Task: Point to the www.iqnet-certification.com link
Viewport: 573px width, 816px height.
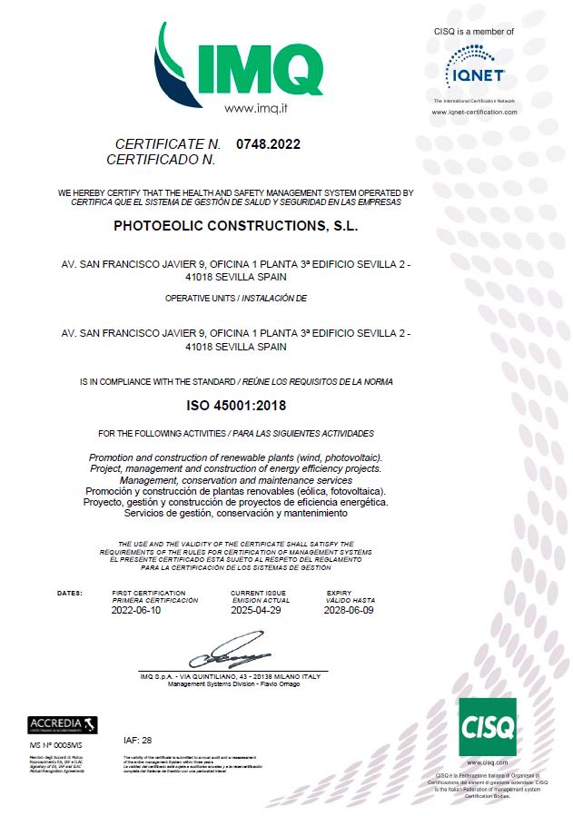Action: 475,113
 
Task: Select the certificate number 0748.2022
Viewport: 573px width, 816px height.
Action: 268,143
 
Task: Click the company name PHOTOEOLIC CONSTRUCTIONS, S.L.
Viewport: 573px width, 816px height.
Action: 236,225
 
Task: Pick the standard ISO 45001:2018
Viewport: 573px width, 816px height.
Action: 235,405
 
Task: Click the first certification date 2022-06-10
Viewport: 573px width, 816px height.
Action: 135,611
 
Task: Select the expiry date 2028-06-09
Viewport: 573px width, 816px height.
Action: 350,611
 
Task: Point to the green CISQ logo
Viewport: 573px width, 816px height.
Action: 488,727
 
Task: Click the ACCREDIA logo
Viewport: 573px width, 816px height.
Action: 63,724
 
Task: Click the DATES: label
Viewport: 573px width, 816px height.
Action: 70,593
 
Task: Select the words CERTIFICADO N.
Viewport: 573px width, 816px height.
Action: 161,159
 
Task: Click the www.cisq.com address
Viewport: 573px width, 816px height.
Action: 489,763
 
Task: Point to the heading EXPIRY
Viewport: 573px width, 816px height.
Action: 340,593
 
